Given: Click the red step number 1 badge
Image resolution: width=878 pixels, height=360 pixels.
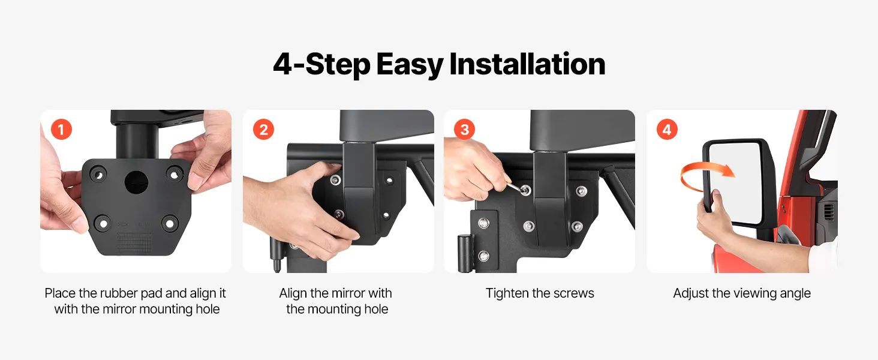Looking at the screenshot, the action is pyautogui.click(x=62, y=130).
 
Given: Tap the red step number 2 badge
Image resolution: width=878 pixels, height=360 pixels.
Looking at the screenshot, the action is pyautogui.click(x=263, y=130).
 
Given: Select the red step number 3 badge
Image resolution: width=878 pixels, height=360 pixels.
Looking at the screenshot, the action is pyautogui.click(x=464, y=130).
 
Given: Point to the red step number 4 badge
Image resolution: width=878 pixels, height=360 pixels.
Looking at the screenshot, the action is pyautogui.click(x=667, y=130).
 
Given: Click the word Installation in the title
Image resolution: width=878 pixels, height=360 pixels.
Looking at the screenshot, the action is pyautogui.click(x=527, y=64).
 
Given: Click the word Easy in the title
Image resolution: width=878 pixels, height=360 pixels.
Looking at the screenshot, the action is pyautogui.click(x=410, y=65).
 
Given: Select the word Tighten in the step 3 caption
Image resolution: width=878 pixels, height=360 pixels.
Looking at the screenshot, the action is pyautogui.click(x=507, y=293).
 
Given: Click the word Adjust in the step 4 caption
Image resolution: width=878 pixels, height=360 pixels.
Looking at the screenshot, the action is pyautogui.click(x=691, y=293).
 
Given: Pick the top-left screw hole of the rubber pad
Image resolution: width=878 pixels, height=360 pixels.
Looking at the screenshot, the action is pyautogui.click(x=98, y=174).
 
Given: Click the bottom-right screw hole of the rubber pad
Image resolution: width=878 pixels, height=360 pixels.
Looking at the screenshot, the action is pyautogui.click(x=169, y=224).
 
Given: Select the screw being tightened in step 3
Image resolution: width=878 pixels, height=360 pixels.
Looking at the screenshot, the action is pyautogui.click(x=525, y=191).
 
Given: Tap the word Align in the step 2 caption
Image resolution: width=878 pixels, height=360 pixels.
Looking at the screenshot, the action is pyautogui.click(x=293, y=294).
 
